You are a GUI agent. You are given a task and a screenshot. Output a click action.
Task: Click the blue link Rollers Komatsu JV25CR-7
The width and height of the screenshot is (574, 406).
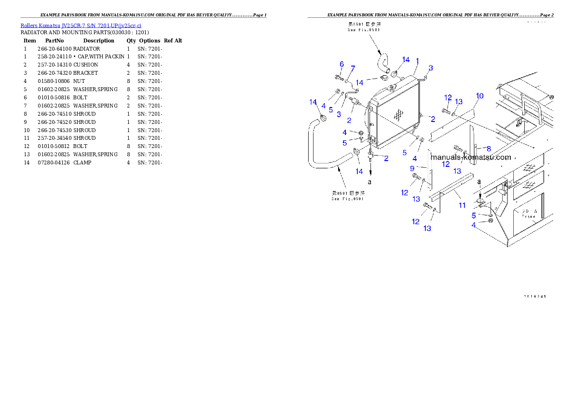click(x=81, y=26)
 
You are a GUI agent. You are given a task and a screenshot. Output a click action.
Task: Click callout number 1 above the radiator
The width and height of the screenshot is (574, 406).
click(x=417, y=61)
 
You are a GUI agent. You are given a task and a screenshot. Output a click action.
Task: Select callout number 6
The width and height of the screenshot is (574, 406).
click(x=342, y=64)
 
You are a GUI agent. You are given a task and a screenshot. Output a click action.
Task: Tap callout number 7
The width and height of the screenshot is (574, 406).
click(x=353, y=68)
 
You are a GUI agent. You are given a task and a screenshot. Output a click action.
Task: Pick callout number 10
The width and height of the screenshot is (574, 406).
click(x=479, y=96)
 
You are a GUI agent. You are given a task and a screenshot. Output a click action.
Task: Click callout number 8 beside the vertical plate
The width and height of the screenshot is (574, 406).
click(x=489, y=149)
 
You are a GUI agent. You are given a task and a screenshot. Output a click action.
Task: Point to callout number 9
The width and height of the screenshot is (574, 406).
click(x=412, y=168)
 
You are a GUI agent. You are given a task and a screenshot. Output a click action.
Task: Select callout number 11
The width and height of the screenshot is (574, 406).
click(x=462, y=205)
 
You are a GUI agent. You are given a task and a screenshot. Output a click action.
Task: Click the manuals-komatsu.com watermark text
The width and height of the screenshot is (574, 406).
click(x=470, y=157)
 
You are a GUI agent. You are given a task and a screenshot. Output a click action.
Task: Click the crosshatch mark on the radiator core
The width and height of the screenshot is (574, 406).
click(x=398, y=115)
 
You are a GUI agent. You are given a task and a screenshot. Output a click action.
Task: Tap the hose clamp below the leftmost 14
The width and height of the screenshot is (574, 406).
click(x=324, y=118)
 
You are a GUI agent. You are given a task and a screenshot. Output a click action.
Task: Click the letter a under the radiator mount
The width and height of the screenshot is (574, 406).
click(x=370, y=182)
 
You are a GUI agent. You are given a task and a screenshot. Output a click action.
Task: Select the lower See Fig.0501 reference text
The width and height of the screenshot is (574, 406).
click(x=347, y=196)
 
